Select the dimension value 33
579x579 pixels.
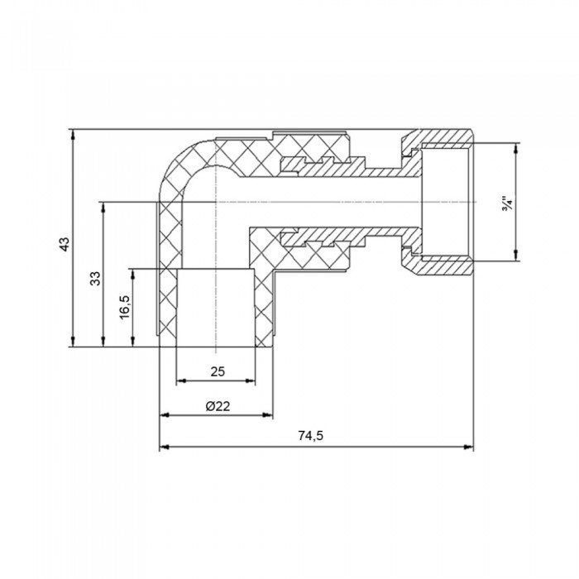tap(96, 278)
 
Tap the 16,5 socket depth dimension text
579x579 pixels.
tap(124, 309)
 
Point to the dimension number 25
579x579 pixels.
tap(217, 371)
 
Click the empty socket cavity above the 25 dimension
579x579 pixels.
tap(217, 306)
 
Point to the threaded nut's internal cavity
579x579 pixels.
tap(447, 202)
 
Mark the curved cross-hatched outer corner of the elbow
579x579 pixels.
tap(178, 165)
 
